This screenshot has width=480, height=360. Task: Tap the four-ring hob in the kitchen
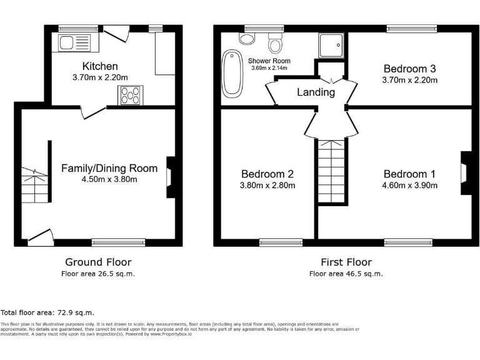[129, 96]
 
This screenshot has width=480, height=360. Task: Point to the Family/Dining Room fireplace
[170, 177]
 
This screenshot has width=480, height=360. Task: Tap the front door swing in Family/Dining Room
[39, 236]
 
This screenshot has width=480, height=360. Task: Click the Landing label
[316, 92]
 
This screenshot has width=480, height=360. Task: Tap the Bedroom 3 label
[409, 69]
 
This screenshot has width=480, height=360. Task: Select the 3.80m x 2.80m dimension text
[268, 185]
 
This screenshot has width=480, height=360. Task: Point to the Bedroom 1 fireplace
[464, 173]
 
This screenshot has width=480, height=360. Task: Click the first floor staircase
[331, 171]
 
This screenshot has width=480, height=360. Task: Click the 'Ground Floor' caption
[99, 262]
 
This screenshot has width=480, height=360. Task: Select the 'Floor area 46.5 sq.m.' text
[346, 274]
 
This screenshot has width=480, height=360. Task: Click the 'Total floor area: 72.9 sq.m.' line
[47, 312]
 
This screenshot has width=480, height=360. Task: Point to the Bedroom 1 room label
[409, 174]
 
